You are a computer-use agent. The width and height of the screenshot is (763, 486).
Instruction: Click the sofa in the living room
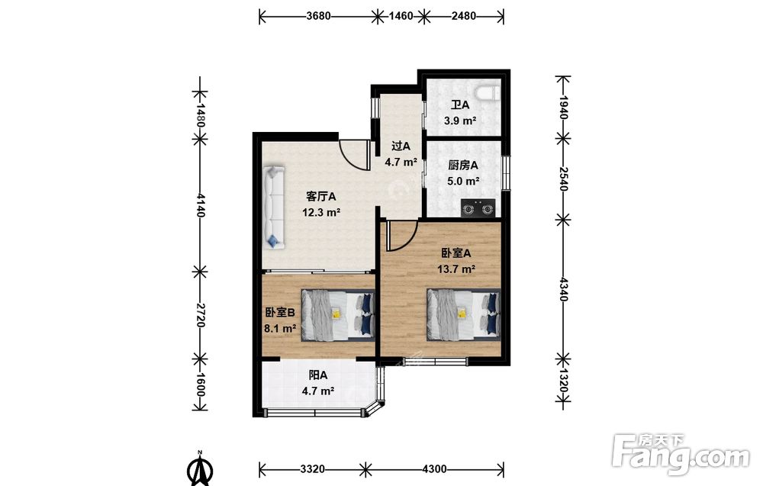[x=274, y=208]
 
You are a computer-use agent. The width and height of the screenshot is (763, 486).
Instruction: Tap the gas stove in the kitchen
[x=478, y=208]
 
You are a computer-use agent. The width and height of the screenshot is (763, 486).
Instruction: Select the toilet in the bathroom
[x=488, y=93]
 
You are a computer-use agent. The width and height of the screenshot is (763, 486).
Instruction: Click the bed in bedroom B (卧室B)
[x=338, y=315]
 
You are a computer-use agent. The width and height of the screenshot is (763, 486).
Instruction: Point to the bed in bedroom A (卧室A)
[x=464, y=315]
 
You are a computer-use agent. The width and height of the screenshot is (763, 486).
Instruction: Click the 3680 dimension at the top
[x=318, y=15]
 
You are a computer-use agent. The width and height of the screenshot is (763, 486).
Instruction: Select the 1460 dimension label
[x=401, y=16]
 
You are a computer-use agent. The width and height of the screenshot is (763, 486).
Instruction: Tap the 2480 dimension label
[x=463, y=15]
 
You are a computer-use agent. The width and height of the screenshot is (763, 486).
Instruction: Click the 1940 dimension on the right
[x=564, y=107]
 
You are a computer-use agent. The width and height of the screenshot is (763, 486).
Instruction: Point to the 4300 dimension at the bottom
[x=434, y=469]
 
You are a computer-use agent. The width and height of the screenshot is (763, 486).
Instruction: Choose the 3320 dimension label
[x=312, y=469]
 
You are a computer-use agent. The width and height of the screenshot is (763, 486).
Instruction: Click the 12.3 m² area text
[x=320, y=213]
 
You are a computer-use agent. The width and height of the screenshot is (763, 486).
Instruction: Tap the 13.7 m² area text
[x=456, y=269]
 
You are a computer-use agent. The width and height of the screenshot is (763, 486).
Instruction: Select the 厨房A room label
[x=463, y=166]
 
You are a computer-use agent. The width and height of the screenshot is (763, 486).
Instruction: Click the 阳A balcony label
[x=317, y=375]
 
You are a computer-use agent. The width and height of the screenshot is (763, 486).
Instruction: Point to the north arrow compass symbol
[x=200, y=469]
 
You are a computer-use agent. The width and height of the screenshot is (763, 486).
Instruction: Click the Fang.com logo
[x=681, y=455]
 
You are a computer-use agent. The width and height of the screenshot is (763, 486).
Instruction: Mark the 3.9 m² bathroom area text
[x=460, y=121]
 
